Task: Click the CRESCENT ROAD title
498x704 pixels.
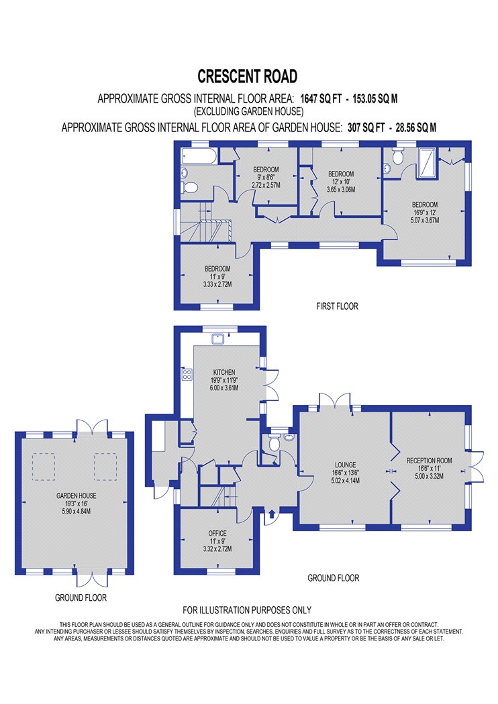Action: [x=247, y=76]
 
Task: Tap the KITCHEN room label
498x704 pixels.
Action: [x=223, y=372]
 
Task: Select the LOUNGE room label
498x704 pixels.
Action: [x=345, y=465]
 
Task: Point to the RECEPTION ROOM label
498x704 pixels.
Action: [x=430, y=460]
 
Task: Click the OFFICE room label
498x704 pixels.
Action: [x=217, y=533]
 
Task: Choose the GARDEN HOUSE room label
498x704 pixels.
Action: [x=77, y=495]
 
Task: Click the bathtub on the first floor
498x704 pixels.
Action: [x=199, y=156]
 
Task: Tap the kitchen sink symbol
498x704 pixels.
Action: [x=219, y=338]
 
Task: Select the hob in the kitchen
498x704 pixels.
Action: [x=187, y=374]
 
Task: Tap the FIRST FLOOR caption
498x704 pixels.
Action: [x=337, y=306]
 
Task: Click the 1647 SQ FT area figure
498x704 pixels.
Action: [x=321, y=99]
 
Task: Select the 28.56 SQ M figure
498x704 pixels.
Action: [x=415, y=127]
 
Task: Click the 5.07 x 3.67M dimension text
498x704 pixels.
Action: [x=425, y=221]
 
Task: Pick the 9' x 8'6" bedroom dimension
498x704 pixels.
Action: [x=266, y=178]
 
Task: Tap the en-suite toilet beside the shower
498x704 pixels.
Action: [x=397, y=156]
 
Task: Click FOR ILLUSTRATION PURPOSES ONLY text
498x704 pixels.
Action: [x=247, y=610]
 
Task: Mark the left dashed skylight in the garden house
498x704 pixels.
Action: [x=44, y=467]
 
